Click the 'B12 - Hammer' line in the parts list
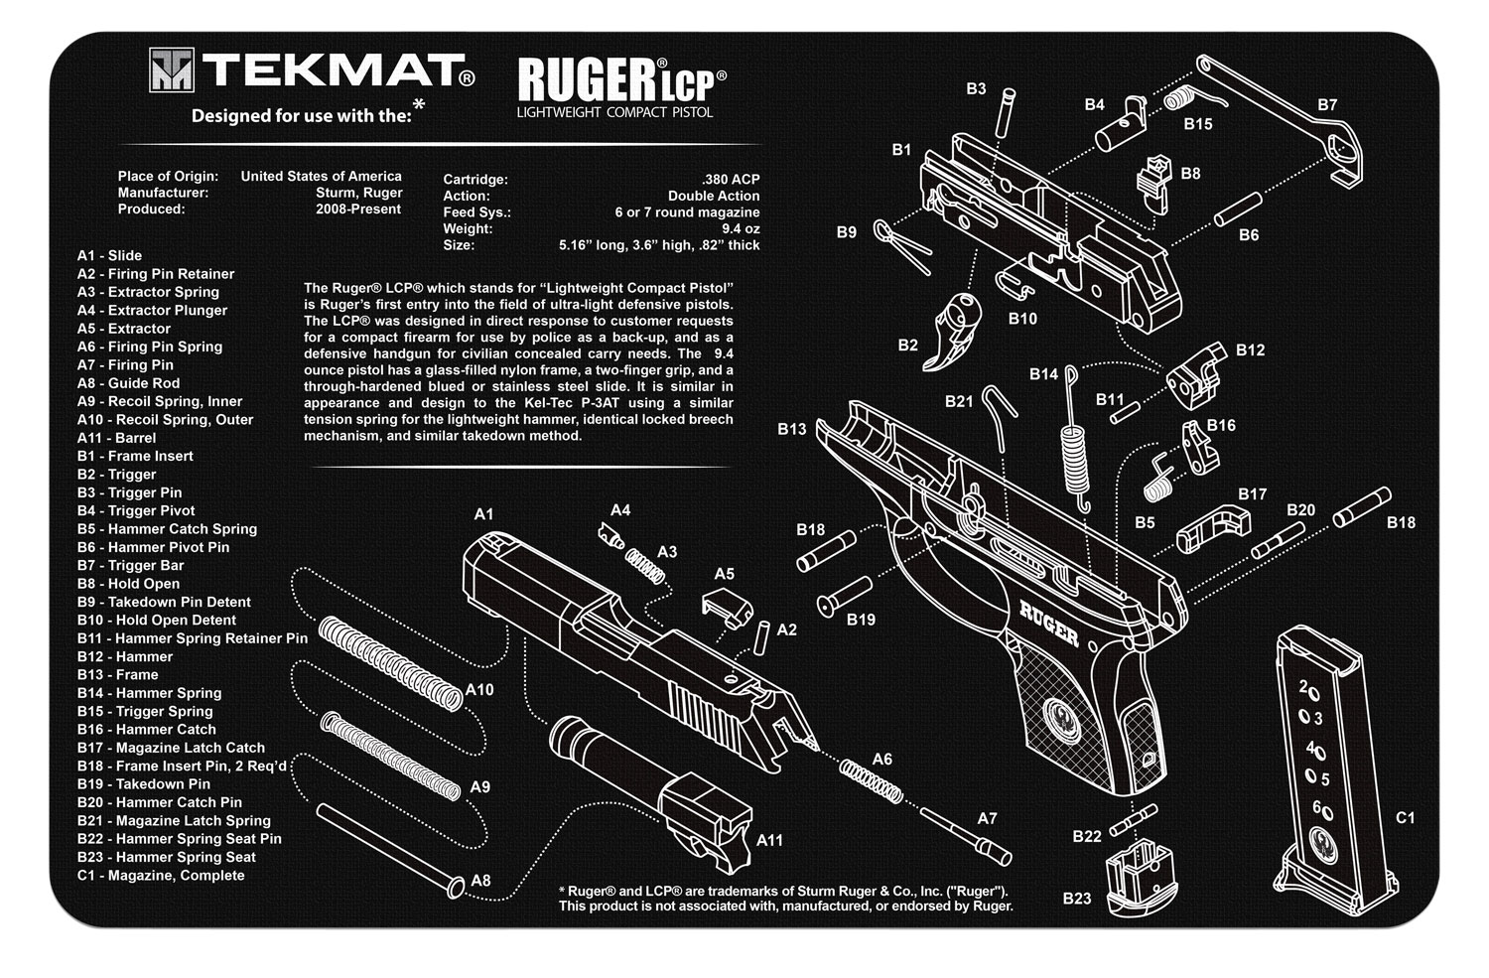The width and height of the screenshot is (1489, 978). tap(125, 656)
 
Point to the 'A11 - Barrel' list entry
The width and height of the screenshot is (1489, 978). tap(117, 438)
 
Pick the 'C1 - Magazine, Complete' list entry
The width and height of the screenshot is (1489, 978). tap(161, 875)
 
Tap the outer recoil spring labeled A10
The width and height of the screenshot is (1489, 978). tap(390, 662)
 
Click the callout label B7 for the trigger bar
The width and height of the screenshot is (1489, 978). tap(1327, 104)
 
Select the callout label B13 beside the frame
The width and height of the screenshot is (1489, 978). tap(792, 429)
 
